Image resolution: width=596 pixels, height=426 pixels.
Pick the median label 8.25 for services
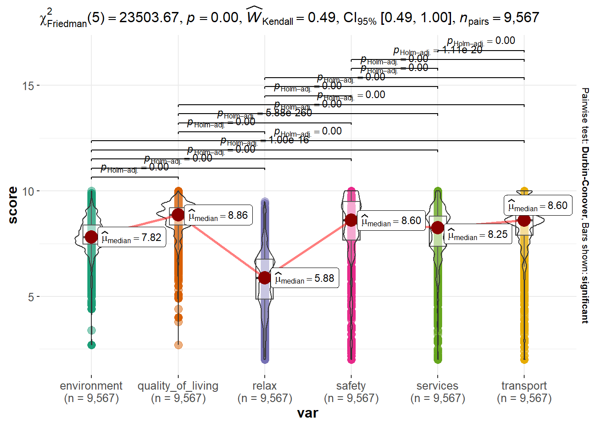[x=479, y=234]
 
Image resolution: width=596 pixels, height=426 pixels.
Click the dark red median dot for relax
[x=265, y=278]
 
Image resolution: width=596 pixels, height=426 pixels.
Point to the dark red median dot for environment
[x=91, y=237]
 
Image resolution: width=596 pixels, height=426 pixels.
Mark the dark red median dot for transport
[x=524, y=220]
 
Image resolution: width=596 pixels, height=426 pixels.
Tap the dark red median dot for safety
[x=351, y=220]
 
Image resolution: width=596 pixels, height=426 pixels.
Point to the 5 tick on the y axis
[x=31, y=297]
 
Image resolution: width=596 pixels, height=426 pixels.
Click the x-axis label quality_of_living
[x=178, y=386]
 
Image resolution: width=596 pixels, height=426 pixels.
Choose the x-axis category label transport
[x=524, y=386]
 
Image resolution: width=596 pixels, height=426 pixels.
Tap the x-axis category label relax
[x=265, y=386]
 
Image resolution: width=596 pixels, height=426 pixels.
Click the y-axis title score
[x=13, y=205]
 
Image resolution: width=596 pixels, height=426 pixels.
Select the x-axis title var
[x=308, y=414]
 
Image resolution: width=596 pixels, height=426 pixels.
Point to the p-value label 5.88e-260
[x=289, y=113]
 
